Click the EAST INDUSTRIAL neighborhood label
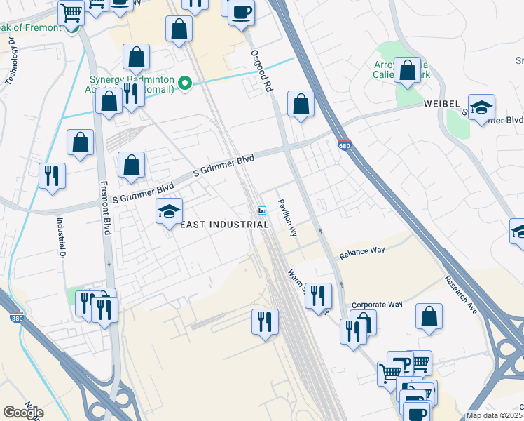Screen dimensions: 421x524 225,225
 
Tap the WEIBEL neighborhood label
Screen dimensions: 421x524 441,104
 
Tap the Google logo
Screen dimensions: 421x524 23,413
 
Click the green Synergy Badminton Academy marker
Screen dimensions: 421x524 185,85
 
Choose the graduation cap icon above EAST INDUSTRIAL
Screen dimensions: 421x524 169,210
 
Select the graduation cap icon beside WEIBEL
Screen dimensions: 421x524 481,107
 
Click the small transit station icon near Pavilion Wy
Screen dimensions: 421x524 261,210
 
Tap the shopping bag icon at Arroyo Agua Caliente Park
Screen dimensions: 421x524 407,70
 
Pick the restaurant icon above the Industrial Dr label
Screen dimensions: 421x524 52,175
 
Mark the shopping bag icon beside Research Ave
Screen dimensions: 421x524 429,316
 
